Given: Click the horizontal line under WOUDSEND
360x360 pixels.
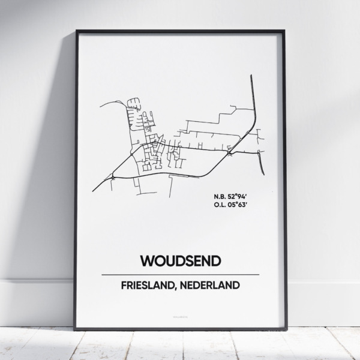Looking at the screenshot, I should (180, 274).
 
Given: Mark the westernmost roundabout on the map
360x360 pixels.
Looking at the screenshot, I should (113, 177).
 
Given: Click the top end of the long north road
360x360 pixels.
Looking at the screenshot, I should (251, 76).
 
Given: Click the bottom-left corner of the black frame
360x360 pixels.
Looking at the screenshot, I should (76, 329).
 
